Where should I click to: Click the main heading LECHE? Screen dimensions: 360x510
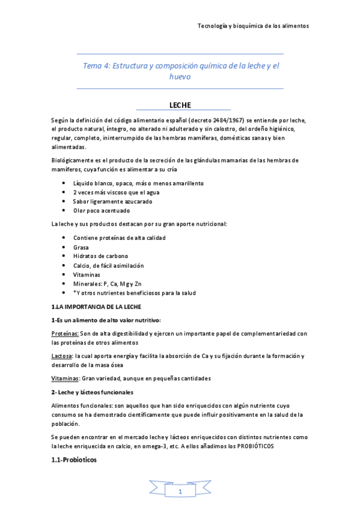[180, 105]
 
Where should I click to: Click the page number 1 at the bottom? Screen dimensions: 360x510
[180, 492]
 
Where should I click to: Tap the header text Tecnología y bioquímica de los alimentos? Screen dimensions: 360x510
[253, 26]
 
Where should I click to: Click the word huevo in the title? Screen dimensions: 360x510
[180, 77]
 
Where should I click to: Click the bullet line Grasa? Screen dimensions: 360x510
[81, 247]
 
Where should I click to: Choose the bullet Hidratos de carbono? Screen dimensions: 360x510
[100, 256]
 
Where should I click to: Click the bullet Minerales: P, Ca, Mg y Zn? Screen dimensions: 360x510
[107, 284]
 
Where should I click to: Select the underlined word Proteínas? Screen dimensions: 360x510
[65, 333]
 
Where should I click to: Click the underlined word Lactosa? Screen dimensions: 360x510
[62, 356]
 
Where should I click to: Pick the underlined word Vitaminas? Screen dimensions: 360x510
[65, 378]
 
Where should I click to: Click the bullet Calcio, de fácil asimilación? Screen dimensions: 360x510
[108, 265]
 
